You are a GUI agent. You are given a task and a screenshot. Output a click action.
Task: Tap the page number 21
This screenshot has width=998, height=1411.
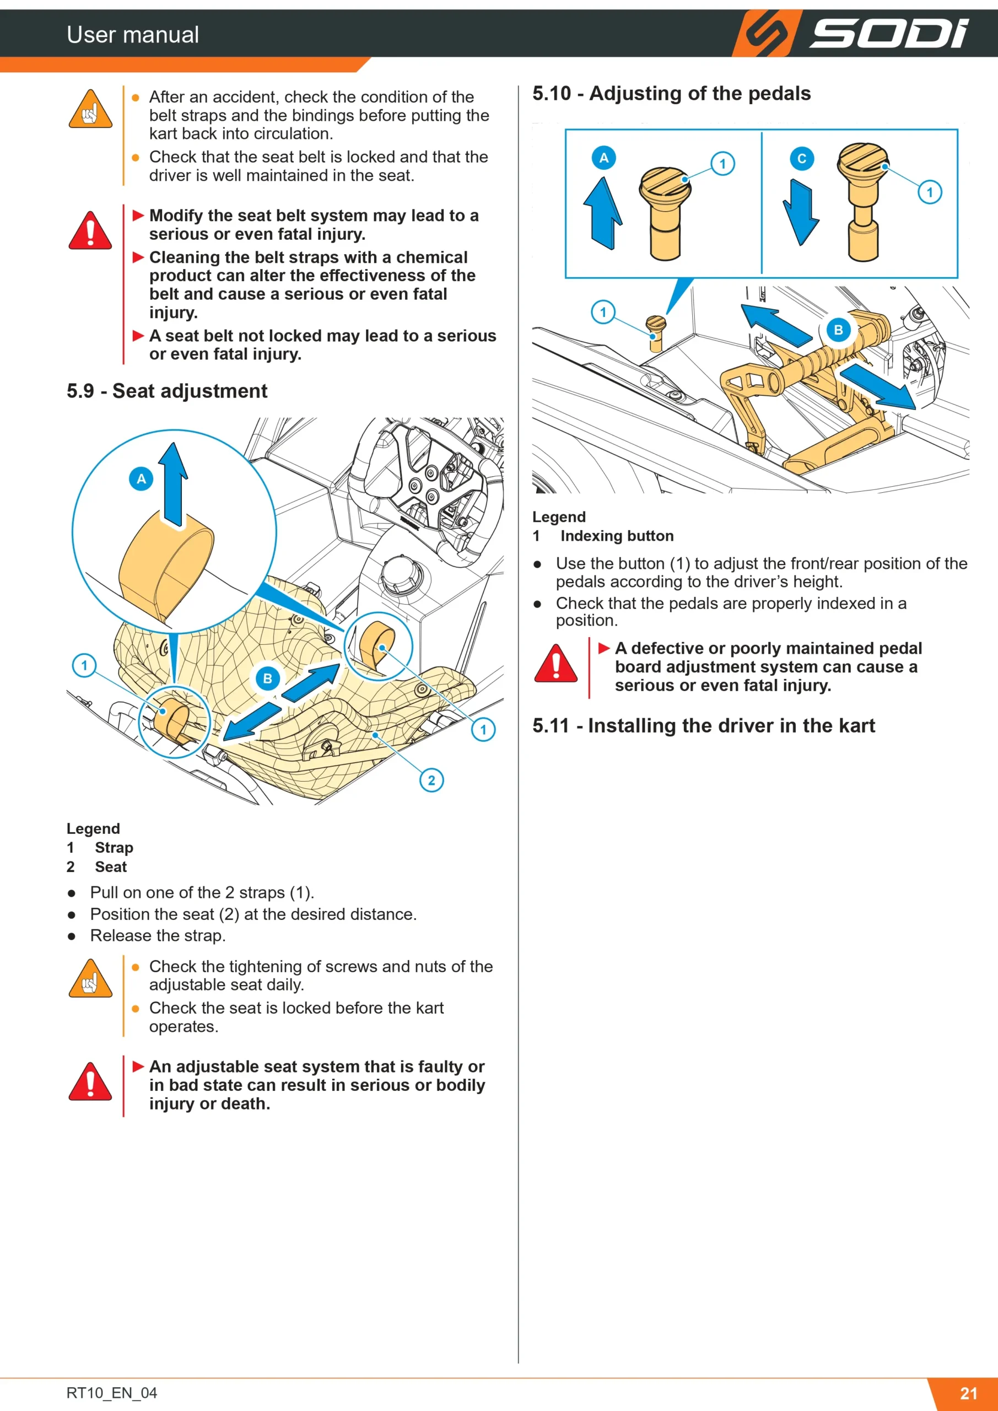pos(968,1393)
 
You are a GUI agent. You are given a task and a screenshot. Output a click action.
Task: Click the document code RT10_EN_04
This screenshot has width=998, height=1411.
pos(112,1393)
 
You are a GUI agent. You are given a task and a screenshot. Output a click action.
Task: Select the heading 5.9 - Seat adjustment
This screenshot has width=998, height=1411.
pos(167,391)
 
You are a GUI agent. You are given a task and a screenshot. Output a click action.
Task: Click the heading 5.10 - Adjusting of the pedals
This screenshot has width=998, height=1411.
pos(672,93)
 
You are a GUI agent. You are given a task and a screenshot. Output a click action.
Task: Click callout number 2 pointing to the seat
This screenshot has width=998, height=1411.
pos(431,780)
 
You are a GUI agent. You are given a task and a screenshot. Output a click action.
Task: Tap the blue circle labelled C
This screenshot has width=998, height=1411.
pos(801,159)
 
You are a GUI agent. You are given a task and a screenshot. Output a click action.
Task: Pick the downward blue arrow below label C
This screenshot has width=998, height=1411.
pos(801,213)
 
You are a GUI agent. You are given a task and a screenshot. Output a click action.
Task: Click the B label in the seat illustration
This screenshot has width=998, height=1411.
pos(267,678)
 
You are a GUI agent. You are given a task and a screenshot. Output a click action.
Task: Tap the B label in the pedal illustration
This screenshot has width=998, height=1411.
pos(838,330)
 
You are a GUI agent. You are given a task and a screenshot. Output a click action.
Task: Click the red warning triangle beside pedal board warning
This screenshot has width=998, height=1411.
pos(555,664)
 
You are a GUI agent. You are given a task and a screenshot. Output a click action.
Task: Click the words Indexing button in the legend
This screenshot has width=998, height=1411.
pos(617,536)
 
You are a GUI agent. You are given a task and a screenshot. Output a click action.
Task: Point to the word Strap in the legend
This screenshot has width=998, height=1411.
pos(114,848)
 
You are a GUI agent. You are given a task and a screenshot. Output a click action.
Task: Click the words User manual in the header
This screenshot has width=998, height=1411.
pos(133,34)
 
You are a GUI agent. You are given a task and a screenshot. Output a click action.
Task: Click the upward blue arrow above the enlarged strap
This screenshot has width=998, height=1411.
pos(173,484)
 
